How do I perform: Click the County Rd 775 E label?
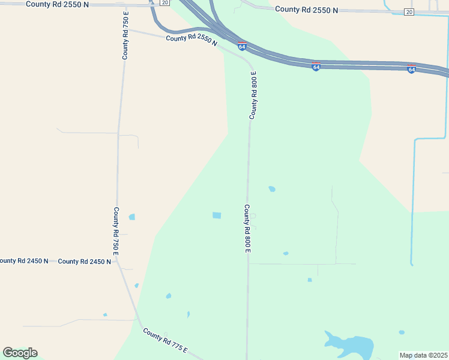(165, 341)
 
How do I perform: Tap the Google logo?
(20, 353)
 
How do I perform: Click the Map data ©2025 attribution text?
(423, 355)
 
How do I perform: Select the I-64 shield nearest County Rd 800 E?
(241, 46)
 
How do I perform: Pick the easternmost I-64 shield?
(411, 69)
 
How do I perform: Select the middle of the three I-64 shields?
(316, 67)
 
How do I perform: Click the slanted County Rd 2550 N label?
(191, 40)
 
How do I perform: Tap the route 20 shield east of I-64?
(409, 12)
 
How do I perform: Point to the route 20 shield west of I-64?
(164, 3)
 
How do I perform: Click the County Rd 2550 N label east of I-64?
(306, 10)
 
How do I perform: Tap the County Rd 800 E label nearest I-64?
(253, 95)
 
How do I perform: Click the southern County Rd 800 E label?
(247, 228)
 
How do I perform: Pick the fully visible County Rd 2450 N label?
(84, 262)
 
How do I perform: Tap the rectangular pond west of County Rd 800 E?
(217, 215)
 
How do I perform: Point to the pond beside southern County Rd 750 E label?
(131, 217)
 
